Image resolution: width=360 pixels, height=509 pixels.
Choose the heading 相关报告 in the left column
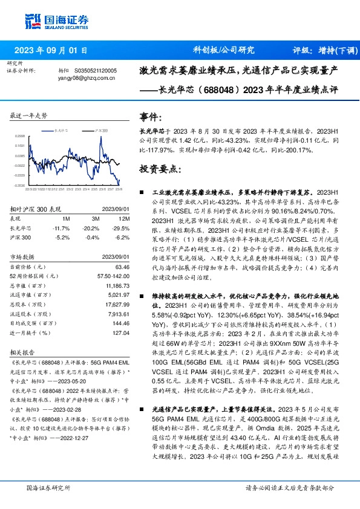tap(22, 368)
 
